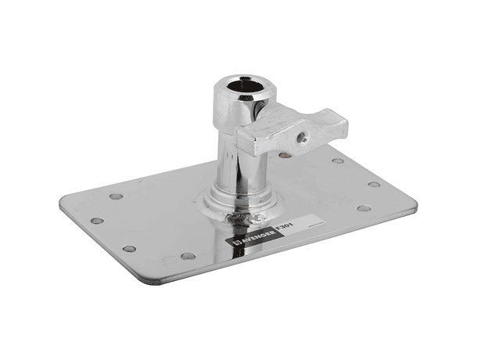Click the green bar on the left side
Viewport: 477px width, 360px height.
29,180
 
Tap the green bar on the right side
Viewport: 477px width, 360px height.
447,180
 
